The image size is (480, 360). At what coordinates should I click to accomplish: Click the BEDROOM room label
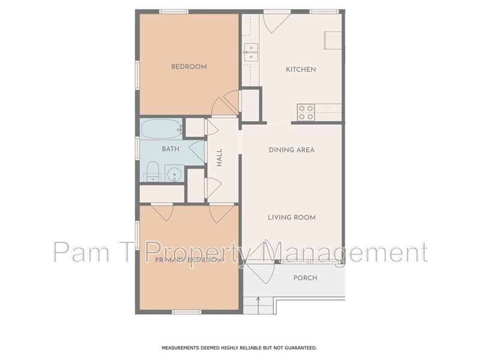(189, 67)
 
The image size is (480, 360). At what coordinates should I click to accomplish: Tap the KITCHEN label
(301, 70)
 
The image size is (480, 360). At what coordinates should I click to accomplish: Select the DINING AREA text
(292, 150)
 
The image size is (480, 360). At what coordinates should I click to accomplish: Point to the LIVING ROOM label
(292, 217)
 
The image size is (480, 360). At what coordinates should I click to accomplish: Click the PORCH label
(305, 278)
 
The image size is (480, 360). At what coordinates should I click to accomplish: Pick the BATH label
(170, 149)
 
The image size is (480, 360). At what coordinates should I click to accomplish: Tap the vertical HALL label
(220, 158)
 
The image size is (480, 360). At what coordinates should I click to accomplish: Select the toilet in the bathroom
(152, 172)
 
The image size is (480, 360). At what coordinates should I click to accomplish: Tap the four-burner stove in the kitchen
(306, 112)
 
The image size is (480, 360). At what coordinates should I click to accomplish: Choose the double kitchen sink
(251, 52)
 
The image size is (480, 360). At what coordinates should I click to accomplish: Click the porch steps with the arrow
(259, 304)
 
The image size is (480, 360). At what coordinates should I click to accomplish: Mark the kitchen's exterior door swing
(277, 22)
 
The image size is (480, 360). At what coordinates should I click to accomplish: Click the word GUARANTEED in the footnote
(296, 347)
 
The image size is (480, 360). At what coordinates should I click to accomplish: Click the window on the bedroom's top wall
(174, 11)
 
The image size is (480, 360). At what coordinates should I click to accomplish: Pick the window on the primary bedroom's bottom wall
(186, 311)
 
